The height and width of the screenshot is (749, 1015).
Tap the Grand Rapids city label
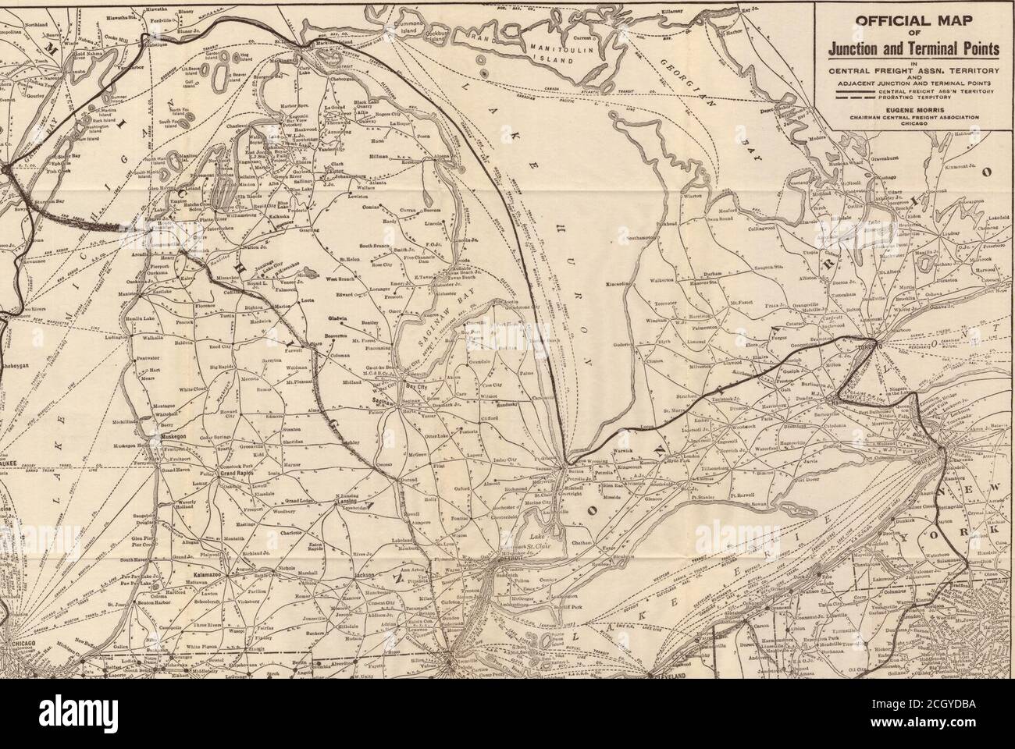coord(238,474)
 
